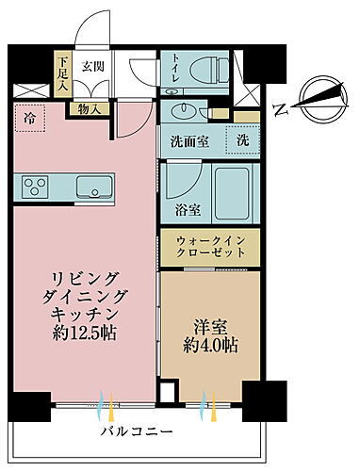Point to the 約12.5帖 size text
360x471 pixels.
[85, 334]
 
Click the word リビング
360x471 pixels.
[85, 279]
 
